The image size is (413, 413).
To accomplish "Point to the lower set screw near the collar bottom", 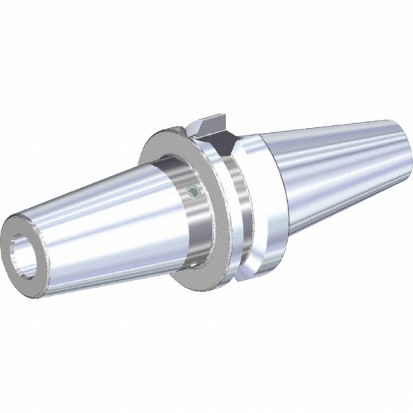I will coord(195,262).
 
